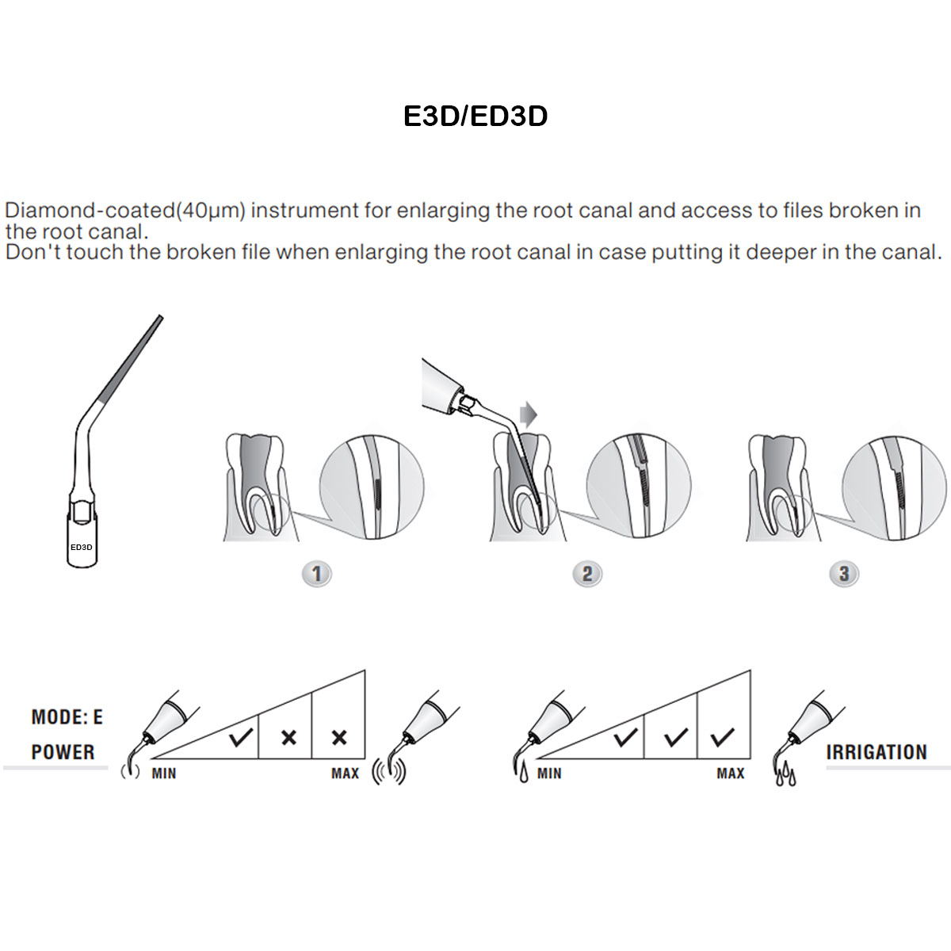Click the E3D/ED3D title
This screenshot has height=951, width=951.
point(475,116)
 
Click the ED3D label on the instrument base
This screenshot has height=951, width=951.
point(82,547)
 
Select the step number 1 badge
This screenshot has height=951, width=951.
point(317,574)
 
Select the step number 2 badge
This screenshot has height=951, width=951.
point(587,574)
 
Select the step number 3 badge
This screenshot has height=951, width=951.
point(844,574)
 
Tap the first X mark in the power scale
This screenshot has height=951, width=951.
point(288,738)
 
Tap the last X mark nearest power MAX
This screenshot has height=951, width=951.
point(339,738)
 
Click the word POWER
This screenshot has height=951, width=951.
point(63,752)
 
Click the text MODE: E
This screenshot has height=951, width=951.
point(67,717)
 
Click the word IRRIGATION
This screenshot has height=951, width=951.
point(877,752)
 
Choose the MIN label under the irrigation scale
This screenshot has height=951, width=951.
point(549,773)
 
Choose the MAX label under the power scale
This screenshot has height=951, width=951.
point(345,773)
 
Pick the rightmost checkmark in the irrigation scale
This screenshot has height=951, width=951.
point(723,738)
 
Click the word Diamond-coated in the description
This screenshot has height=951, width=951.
point(89,211)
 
